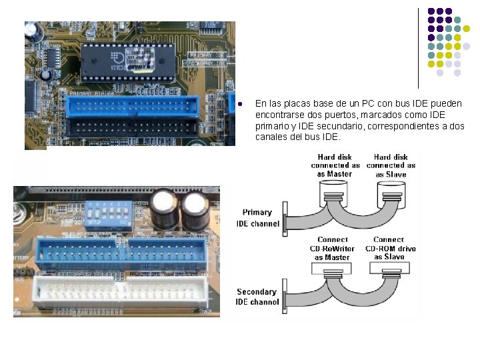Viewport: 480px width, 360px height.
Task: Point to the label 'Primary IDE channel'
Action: [x=257, y=218]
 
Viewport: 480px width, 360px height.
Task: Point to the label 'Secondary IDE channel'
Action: [x=257, y=297]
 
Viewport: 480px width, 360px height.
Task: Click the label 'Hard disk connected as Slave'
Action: [x=391, y=165]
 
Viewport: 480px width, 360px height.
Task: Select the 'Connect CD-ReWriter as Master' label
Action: [x=333, y=248]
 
